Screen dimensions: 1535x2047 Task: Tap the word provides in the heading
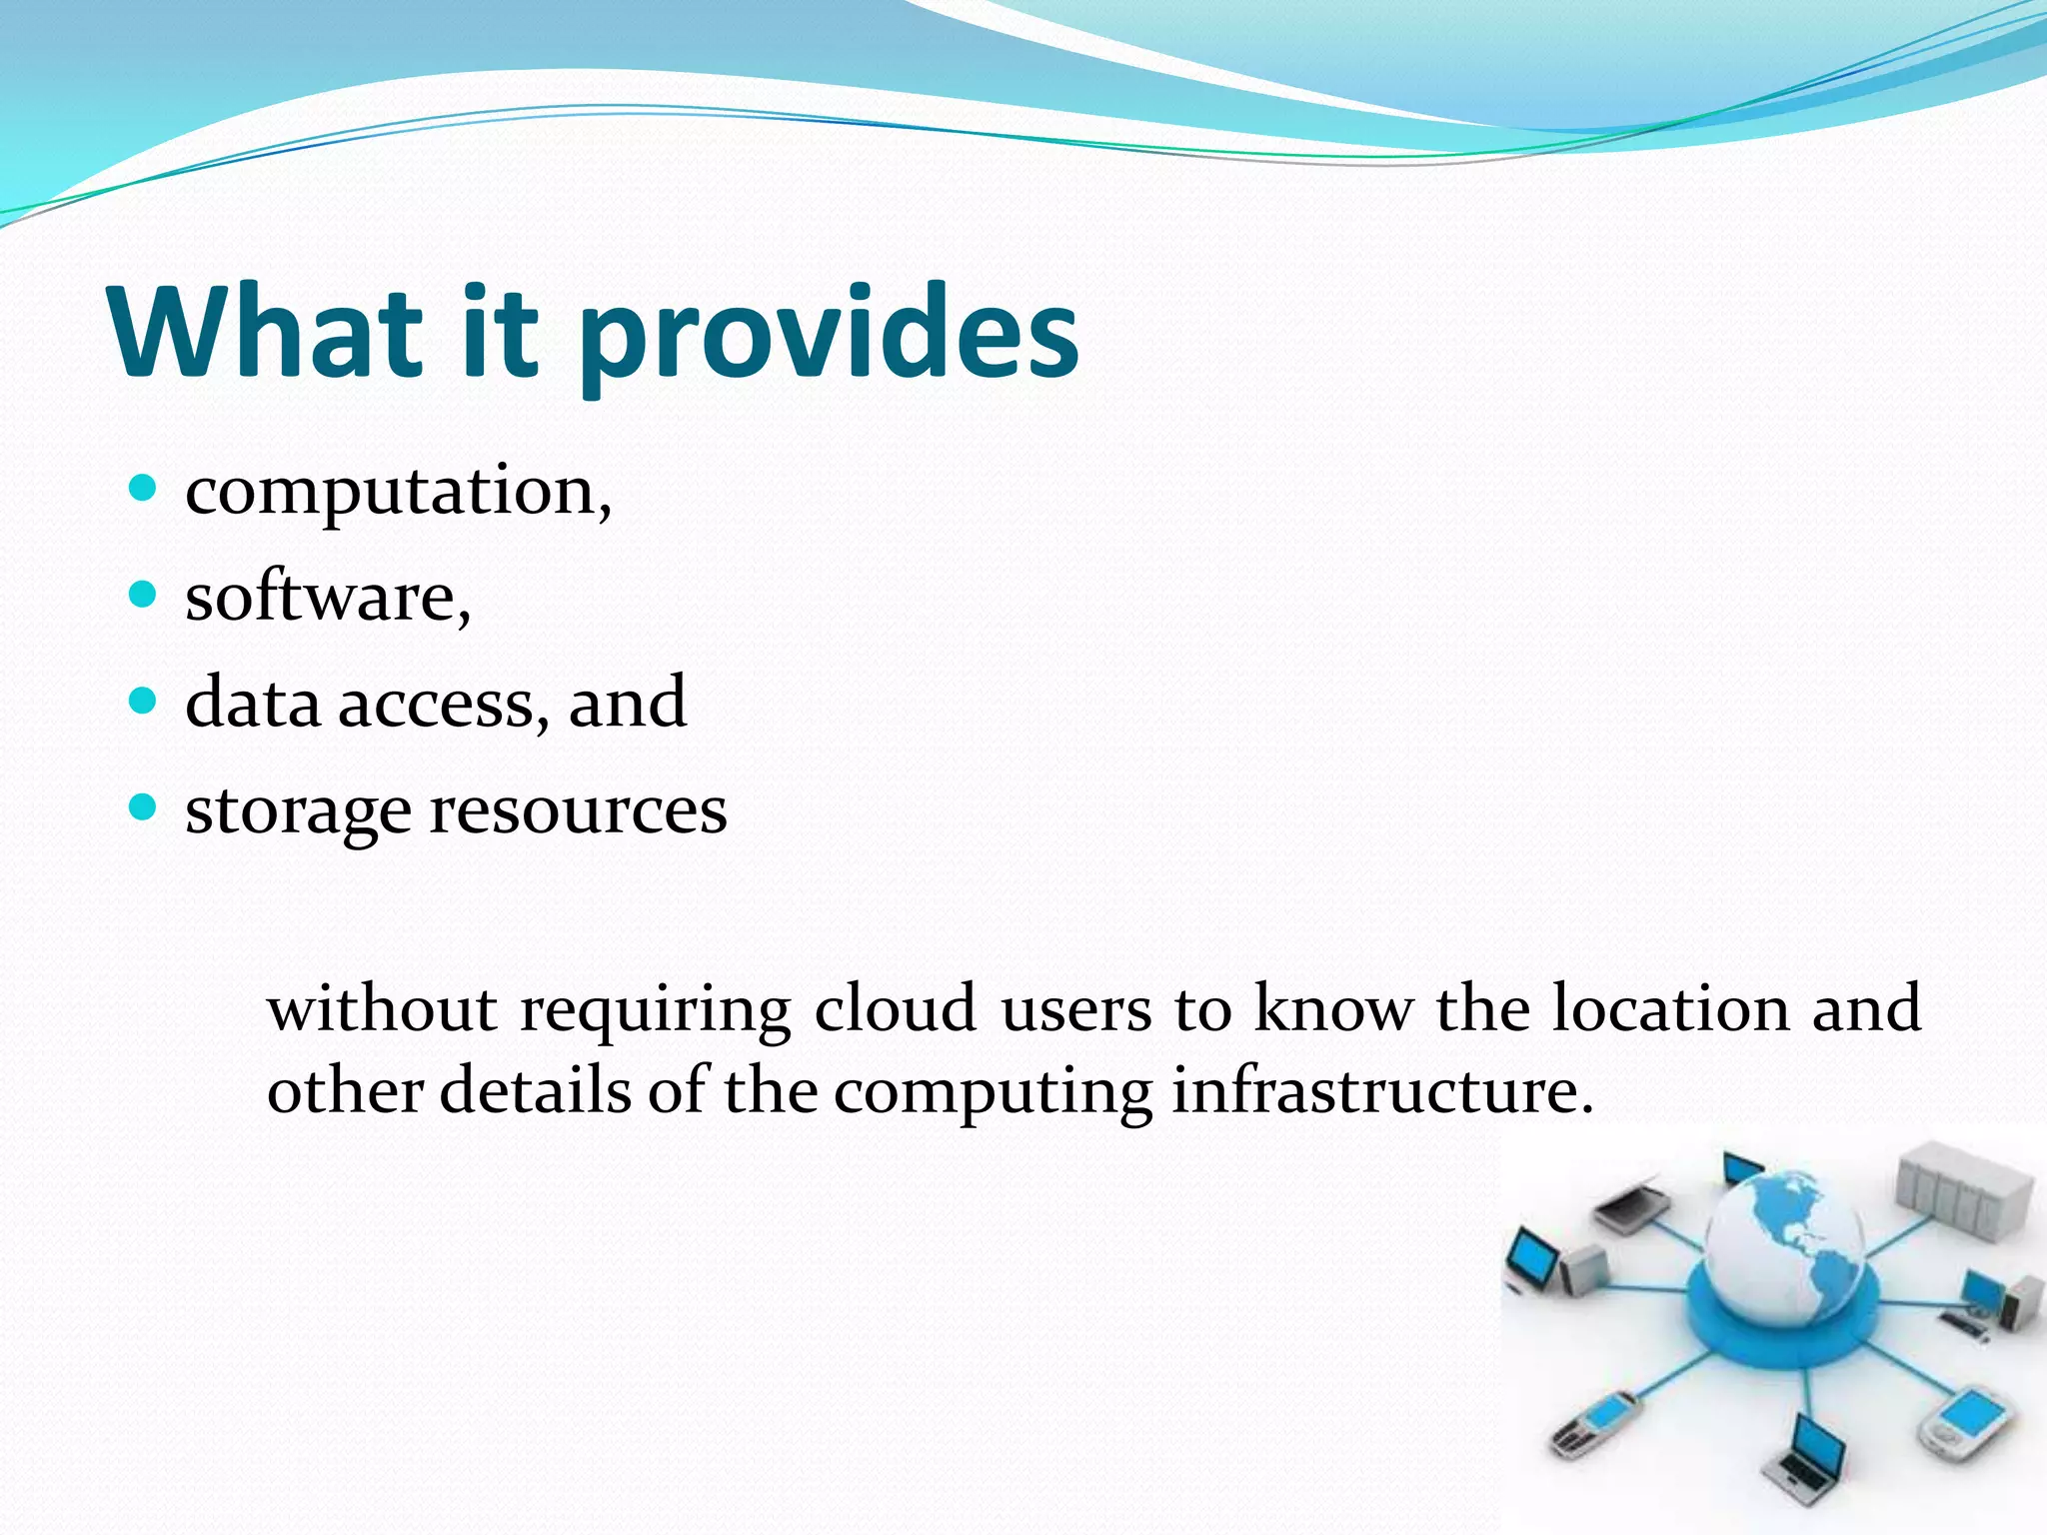coord(828,335)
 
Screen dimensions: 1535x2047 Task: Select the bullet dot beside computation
coord(144,489)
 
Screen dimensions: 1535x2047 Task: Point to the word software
coord(325,598)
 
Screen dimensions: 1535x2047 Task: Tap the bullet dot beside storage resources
coord(144,806)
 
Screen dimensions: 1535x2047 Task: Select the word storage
coord(298,811)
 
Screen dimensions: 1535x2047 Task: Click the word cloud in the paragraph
coord(895,1008)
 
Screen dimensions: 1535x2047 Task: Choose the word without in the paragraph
coord(382,1008)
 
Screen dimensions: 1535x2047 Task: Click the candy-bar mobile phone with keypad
coord(1596,1423)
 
